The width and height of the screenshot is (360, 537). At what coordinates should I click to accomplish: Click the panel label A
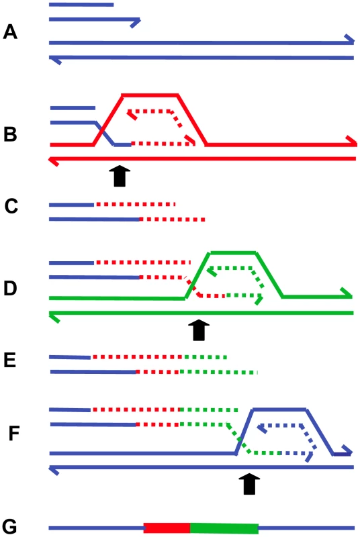[10, 32]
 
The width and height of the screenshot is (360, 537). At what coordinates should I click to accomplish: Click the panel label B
[10, 134]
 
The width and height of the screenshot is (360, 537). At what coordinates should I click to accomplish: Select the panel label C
[11, 207]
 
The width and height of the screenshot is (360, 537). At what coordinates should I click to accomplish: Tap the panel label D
[10, 288]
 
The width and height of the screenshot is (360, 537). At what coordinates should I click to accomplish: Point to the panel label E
[10, 360]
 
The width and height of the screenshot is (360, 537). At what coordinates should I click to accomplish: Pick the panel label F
[14, 433]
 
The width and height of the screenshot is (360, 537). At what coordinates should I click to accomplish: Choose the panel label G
[9, 527]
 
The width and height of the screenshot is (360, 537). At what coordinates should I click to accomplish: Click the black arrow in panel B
[120, 176]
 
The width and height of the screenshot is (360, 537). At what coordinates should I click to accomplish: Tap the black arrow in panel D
[199, 330]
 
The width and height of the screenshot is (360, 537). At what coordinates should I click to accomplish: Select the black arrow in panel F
[249, 484]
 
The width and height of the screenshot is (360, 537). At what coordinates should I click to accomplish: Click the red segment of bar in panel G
[167, 528]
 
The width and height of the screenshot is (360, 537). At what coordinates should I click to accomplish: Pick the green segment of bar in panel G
[224, 528]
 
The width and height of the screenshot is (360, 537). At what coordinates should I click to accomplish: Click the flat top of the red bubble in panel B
[150, 95]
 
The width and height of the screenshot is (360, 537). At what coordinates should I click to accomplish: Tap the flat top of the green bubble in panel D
[233, 253]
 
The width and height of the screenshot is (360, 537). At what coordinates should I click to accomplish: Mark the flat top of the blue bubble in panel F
[279, 409]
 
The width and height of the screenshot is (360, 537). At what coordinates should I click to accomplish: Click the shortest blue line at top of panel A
[81, 5]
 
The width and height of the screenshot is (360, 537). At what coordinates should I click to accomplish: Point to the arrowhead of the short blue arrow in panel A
[136, 22]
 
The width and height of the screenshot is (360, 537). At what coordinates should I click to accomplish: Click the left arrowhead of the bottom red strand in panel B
[54, 161]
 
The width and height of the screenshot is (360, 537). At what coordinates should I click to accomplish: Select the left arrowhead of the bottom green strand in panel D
[55, 317]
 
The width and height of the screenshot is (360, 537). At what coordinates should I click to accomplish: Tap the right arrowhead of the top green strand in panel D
[347, 293]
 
